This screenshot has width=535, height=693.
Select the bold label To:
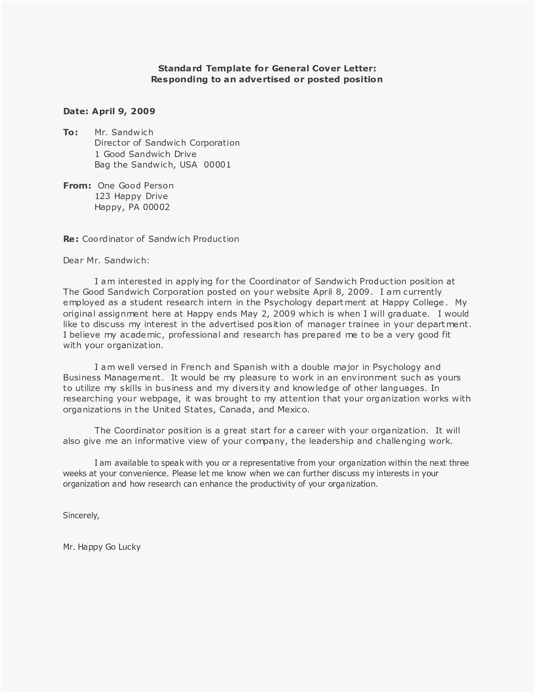(70, 132)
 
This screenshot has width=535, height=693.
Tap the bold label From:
(77, 186)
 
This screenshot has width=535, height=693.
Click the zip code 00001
(217, 165)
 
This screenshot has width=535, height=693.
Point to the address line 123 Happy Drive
(131, 196)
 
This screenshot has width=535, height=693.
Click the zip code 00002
(156, 207)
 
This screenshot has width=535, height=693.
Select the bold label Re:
(70, 239)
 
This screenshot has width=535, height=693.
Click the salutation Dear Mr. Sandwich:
(106, 260)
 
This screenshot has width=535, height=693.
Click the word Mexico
(293, 409)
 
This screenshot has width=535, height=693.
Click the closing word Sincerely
(81, 515)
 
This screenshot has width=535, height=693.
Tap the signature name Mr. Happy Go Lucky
(102, 547)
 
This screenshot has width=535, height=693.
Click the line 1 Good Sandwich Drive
(145, 154)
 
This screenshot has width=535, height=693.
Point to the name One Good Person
(136, 186)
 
